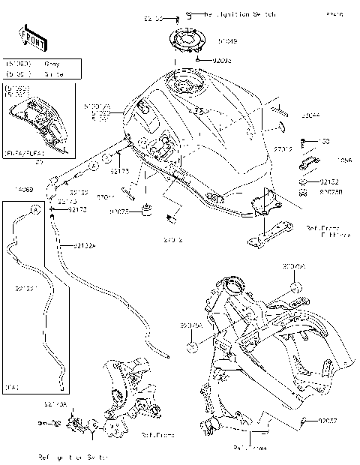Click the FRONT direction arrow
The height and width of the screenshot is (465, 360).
[x=28, y=37]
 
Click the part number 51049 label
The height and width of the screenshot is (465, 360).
[x=227, y=42]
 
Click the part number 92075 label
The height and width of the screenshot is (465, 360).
[x=118, y=212]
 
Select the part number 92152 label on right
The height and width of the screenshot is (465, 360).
[x=329, y=181]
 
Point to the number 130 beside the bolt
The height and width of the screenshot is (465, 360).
[x=324, y=142]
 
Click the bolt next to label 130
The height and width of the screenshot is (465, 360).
[x=303, y=142]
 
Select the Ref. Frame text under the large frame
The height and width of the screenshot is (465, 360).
[x=250, y=448]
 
